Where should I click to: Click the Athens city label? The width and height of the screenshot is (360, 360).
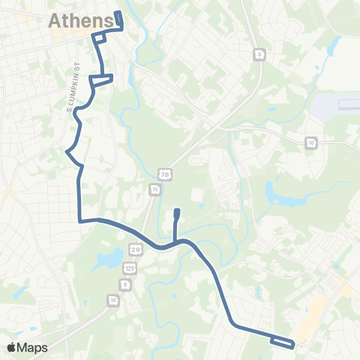coord(81,21)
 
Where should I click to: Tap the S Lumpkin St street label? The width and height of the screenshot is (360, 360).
coord(78,89)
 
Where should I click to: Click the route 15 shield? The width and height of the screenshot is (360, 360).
coord(154,190)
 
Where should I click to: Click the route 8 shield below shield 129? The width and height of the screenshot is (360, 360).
coord(125,285)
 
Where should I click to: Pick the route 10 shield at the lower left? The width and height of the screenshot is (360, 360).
coord(112,301)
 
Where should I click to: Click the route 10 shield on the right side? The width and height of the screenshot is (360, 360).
coord(310,142)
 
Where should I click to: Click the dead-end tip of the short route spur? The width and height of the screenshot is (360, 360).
coord(176,212)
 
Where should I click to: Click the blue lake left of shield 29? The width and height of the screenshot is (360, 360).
coord(109,260)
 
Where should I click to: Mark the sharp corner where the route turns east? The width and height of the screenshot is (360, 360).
coord(80,220)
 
